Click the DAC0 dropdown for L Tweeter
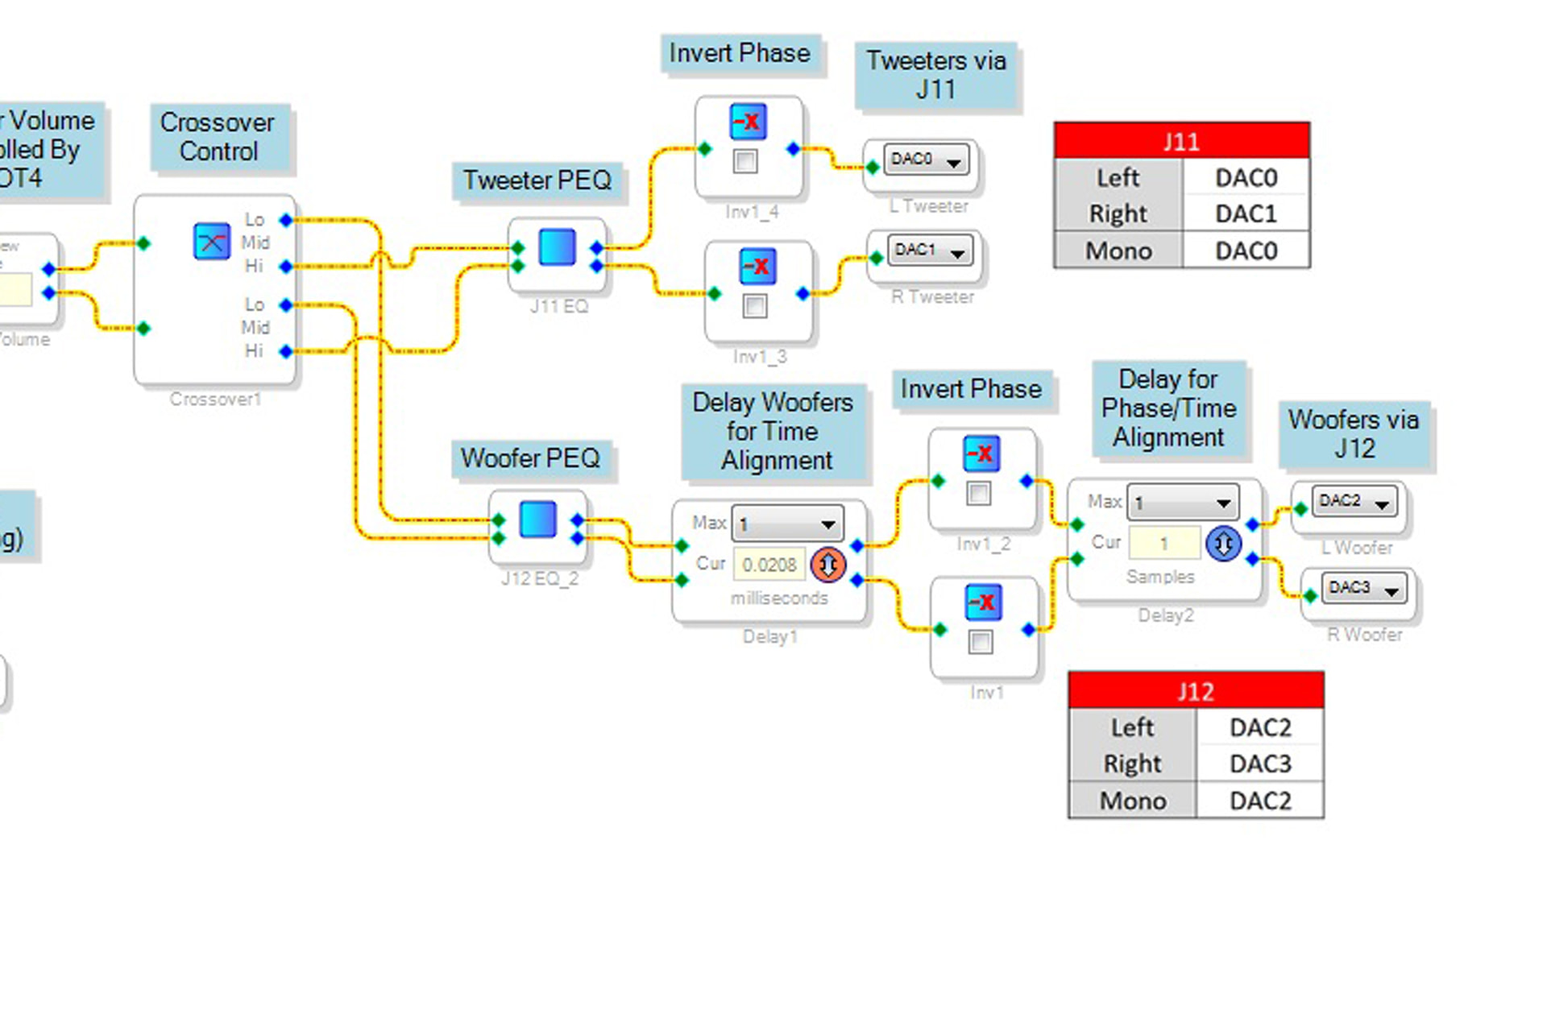pyautogui.click(x=925, y=159)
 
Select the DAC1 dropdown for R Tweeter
pyautogui.click(x=929, y=251)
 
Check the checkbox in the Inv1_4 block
pyautogui.click(x=745, y=161)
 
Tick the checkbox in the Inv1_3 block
pyautogui.click(x=755, y=306)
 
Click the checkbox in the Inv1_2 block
pyautogui.click(x=979, y=493)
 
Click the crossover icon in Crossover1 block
pyautogui.click(x=211, y=241)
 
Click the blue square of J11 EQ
pyautogui.click(x=558, y=247)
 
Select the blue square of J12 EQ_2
pyautogui.click(x=537, y=520)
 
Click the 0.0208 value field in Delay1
pyautogui.click(x=769, y=565)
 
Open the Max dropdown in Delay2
pyautogui.click(x=1182, y=503)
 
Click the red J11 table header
pyautogui.click(x=1181, y=141)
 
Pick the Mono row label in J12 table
pyautogui.click(x=1133, y=801)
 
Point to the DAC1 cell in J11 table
pyautogui.click(x=1246, y=213)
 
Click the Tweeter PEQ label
pyautogui.click(x=537, y=180)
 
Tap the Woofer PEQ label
pyautogui.click(x=530, y=458)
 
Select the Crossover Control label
pyautogui.click(x=218, y=137)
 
